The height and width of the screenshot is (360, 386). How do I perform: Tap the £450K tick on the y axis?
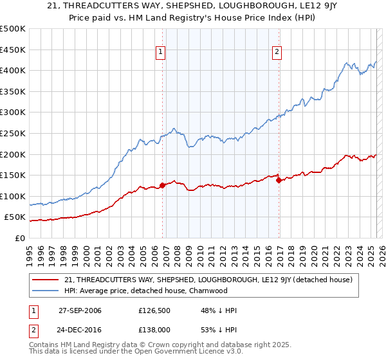click(13, 50)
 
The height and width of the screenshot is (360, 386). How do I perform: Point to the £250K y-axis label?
click(13, 133)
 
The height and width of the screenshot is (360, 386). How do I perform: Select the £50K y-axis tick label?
click(15, 217)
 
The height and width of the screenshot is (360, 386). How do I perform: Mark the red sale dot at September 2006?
click(162, 185)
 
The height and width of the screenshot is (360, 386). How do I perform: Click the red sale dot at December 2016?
click(279, 181)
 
